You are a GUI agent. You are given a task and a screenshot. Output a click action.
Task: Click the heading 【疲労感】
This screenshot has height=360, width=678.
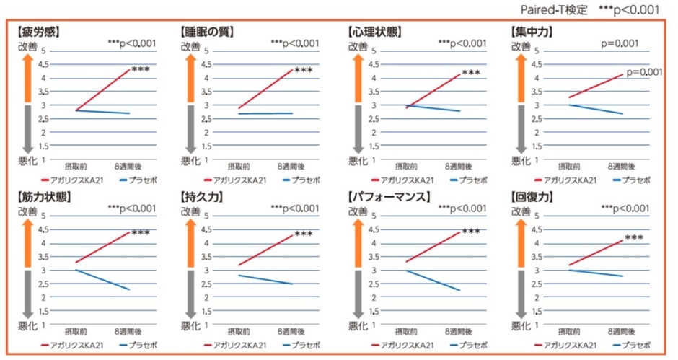pyautogui.click(x=37, y=32)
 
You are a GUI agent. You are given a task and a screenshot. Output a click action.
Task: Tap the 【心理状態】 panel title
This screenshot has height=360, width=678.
pyautogui.click(x=375, y=32)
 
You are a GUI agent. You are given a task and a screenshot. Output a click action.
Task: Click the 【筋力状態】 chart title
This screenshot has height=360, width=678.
pyautogui.click(x=42, y=196)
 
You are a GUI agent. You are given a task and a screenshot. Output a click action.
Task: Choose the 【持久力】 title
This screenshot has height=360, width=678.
pyautogui.click(x=201, y=196)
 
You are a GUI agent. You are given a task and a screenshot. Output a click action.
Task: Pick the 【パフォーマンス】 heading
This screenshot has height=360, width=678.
pyautogui.click(x=389, y=196)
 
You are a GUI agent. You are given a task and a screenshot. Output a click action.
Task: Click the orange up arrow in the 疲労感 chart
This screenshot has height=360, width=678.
pyautogui.click(x=25, y=76)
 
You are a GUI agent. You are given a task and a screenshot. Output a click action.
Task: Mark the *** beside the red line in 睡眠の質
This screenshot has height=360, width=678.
pyautogui.click(x=304, y=71)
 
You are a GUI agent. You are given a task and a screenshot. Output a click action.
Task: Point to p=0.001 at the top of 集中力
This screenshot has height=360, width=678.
pyautogui.click(x=620, y=44)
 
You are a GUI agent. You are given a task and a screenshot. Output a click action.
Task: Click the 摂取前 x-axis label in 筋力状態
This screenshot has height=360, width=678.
pyautogui.click(x=76, y=331)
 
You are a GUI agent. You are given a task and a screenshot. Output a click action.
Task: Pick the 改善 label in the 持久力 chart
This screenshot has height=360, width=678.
pyautogui.click(x=190, y=211)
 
